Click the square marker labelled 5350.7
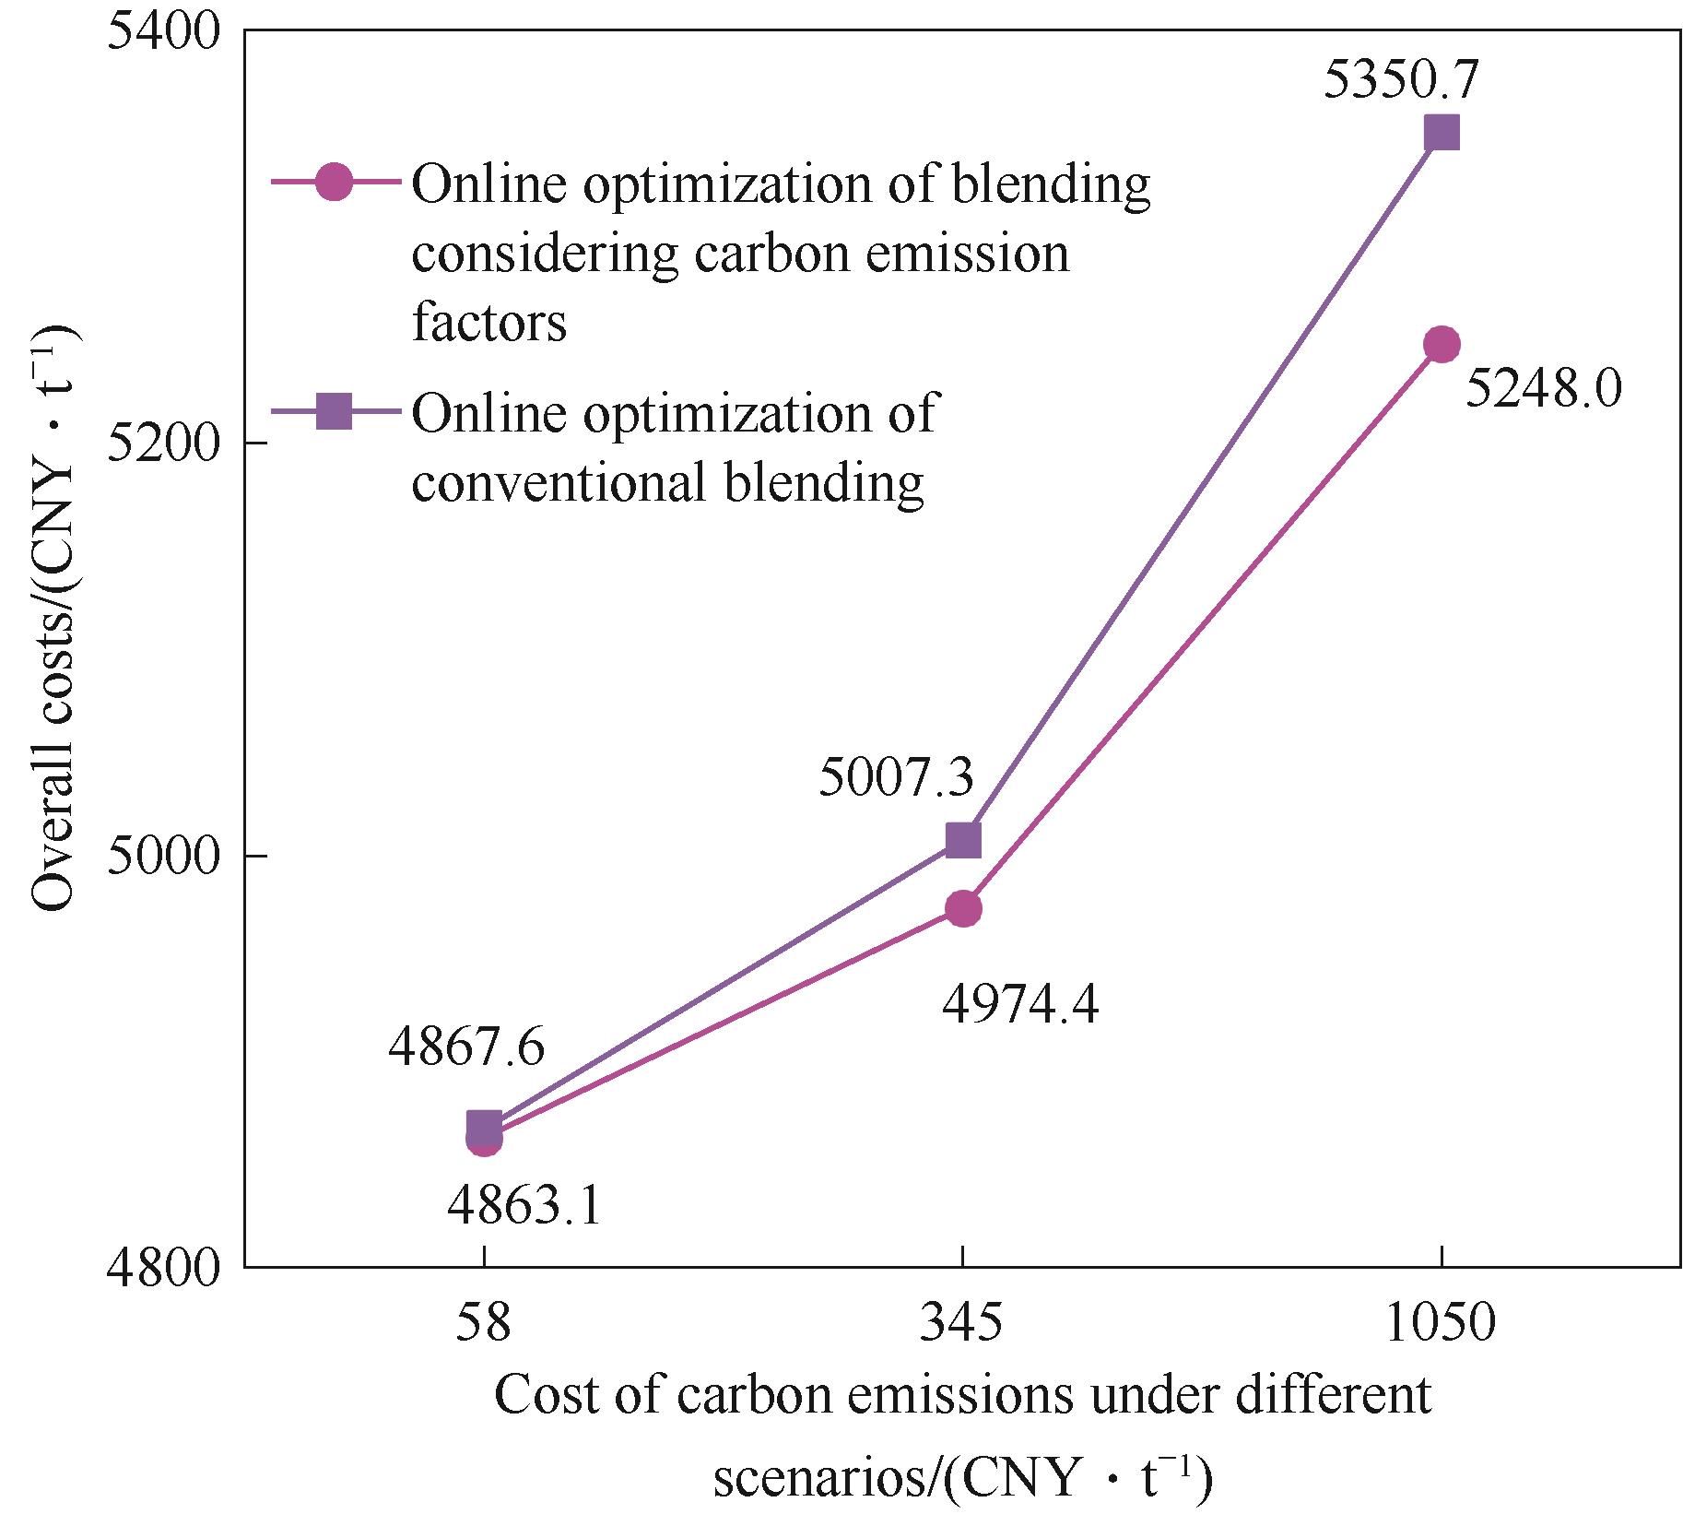[x=1442, y=133]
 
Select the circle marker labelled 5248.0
[x=1442, y=345]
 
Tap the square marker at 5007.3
[x=963, y=841]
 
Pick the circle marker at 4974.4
[x=963, y=909]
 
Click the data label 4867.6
[x=466, y=1048]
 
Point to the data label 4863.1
[x=524, y=1207]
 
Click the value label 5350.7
[x=1401, y=79]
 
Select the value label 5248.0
[x=1543, y=391]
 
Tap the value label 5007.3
[x=897, y=780]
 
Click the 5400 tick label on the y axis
[x=167, y=31]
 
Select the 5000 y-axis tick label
[x=167, y=856]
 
